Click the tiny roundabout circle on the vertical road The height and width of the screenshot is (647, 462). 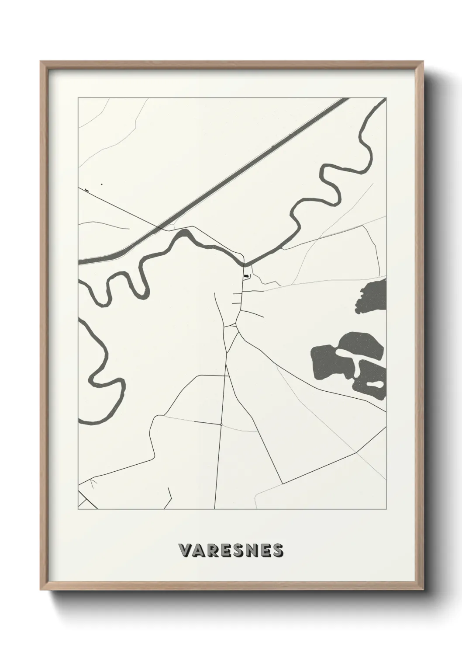point(221,424)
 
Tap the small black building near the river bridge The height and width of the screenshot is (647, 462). point(247,276)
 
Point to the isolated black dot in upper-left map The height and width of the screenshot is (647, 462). point(102,184)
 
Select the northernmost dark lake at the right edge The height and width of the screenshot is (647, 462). point(372,296)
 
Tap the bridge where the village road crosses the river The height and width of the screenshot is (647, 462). point(244,263)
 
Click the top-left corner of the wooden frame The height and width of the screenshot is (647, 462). point(41,62)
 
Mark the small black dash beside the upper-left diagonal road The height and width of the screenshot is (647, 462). point(87,191)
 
